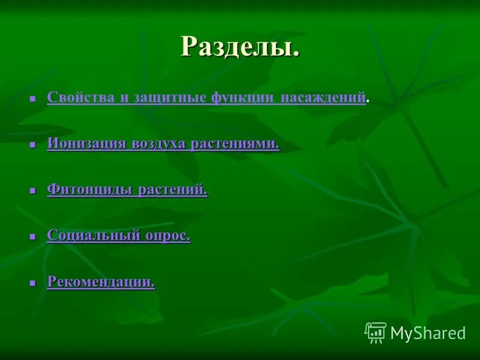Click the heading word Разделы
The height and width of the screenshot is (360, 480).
pos(240,46)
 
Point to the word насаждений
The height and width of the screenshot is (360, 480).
pos(323,97)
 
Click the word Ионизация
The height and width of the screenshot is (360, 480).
pos(86,143)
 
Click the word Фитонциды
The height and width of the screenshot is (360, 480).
pos(90,190)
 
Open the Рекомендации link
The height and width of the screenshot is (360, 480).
pos(101,281)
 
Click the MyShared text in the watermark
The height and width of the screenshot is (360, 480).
pos(428,333)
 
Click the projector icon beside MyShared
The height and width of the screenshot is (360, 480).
pos(376,332)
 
